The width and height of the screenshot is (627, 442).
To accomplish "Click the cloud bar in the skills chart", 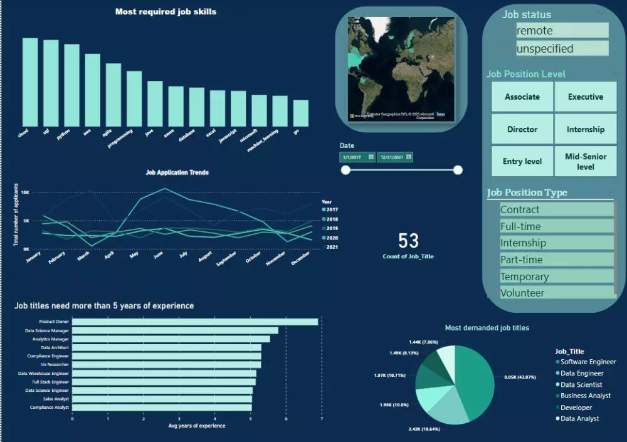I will pos(30,82).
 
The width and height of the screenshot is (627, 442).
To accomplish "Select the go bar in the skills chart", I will pos(301,113).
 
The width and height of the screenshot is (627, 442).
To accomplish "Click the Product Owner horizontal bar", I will pos(195,322).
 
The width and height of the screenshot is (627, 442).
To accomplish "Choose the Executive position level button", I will pos(586,97).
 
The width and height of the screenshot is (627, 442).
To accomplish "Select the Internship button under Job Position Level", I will pos(586,130).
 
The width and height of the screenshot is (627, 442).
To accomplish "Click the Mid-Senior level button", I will pos(586,162).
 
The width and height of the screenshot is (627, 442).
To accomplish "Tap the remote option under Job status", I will pos(562,31).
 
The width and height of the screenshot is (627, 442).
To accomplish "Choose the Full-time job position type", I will pos(556,226).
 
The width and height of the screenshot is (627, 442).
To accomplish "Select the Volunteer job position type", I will pos(556,293).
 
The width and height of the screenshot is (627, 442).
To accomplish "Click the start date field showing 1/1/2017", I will pos(357,157).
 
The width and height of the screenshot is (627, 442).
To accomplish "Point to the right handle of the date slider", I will pos(458,170).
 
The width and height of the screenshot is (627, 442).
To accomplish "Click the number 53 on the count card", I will pos(408,241).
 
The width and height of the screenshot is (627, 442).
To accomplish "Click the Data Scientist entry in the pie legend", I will pos(581,384).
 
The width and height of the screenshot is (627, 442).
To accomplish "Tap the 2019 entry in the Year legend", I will pos(332,229).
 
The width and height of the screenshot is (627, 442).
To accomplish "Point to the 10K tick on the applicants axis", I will pos(25,192).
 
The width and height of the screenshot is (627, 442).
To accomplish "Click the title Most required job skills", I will pos(166,11).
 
